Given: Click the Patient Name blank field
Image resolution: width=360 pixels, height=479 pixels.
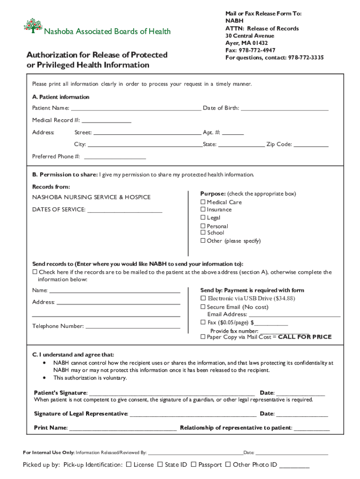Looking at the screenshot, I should tap(136, 109).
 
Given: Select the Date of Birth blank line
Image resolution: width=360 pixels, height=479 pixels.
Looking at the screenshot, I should tap(284, 109).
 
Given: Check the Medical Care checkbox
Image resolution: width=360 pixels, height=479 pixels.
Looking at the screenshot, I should tap(203, 202).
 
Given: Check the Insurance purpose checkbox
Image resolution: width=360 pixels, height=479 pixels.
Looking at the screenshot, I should tap(203, 210).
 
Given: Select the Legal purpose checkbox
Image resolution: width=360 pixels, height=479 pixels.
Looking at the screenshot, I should tap(203, 218).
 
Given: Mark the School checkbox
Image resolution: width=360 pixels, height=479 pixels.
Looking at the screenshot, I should tap(203, 232).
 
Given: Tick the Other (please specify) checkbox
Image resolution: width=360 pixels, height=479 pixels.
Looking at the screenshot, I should tap(203, 241).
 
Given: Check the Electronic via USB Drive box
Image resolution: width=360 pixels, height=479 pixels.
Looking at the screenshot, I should tap(203, 298).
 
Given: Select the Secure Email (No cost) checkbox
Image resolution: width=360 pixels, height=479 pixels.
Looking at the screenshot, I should tap(203, 307).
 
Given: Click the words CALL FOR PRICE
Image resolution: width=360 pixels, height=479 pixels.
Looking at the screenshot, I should tap(305, 337).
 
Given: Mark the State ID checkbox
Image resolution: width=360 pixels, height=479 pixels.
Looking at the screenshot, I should tap(160, 464).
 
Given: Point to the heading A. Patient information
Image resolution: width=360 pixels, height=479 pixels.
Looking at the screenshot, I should tap(61, 97).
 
